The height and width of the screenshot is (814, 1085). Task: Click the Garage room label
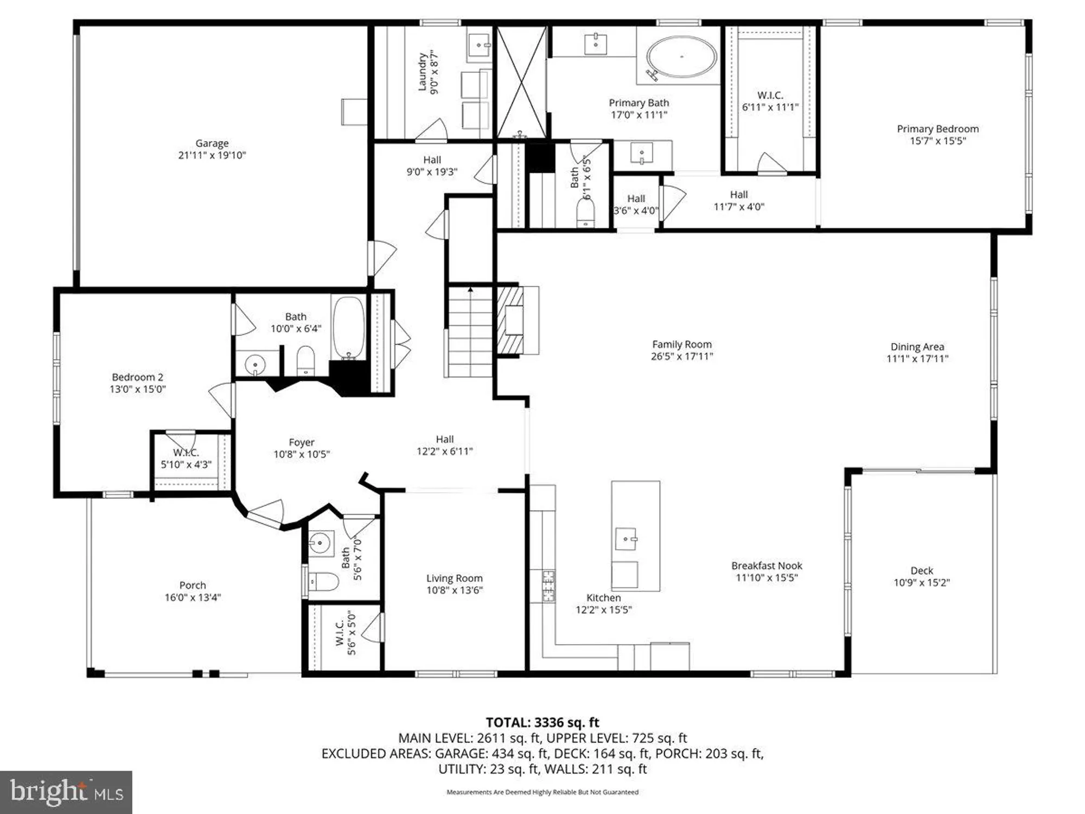point(212,143)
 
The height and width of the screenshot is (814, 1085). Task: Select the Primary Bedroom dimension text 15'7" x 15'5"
point(937,141)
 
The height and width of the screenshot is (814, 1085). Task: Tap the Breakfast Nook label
point(766,565)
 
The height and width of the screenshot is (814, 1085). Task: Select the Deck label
point(921,570)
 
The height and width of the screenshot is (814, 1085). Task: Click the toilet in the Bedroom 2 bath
point(306,360)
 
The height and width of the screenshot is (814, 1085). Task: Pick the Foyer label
point(301,442)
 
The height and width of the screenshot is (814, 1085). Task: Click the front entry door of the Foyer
point(266,514)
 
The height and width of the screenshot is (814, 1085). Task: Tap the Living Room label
point(454,578)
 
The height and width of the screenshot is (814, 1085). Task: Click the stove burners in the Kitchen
point(549,586)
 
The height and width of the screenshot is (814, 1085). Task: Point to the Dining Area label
point(917,346)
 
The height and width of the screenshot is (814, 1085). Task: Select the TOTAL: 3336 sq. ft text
point(542,722)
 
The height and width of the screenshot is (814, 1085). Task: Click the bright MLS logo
point(66,792)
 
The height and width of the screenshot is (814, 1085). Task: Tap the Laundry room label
point(422,72)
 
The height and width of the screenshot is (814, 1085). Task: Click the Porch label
point(193,585)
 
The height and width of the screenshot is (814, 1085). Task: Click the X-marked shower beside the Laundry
point(521,81)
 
